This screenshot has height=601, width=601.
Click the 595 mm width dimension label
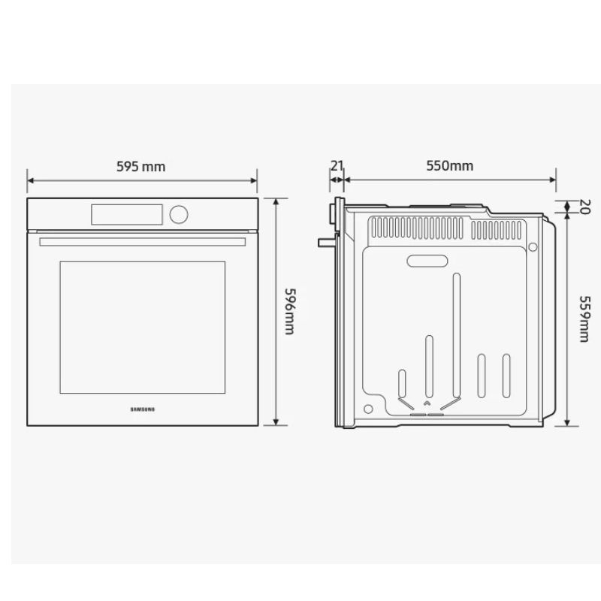141,167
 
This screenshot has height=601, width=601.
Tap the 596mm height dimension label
290,311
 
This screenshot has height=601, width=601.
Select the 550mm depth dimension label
449,165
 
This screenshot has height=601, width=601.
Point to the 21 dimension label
337,166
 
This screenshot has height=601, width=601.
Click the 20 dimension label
584,207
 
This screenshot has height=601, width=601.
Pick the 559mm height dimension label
584,319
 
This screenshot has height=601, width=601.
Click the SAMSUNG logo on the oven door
143,409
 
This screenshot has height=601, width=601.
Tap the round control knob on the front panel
179,214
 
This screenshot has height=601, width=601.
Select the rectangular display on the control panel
127,215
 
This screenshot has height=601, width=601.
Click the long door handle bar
143,242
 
